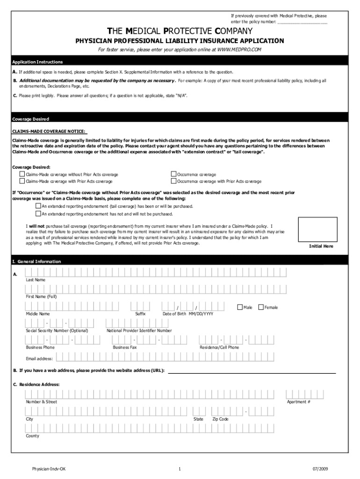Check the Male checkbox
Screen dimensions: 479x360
point(240,307)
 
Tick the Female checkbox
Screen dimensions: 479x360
point(261,307)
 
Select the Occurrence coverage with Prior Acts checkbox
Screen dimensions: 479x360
point(174,181)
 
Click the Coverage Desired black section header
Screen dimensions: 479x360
point(30,119)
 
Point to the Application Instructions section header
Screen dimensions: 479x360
point(37,62)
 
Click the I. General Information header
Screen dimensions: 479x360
point(36,261)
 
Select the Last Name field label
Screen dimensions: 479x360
point(36,280)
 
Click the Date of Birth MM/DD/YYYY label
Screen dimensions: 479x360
point(187,314)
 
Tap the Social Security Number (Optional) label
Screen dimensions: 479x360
point(57,331)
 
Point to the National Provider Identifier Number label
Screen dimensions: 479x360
point(139,331)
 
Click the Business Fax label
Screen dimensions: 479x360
point(125,348)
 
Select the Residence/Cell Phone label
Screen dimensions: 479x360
point(219,348)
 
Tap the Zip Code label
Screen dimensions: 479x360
point(220,419)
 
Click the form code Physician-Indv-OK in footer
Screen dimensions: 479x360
point(46,468)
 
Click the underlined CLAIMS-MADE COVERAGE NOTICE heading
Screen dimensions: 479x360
point(49,132)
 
